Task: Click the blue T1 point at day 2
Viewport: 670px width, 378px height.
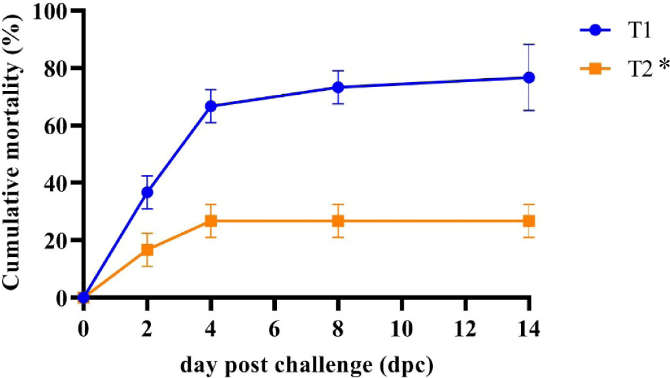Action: (x=147, y=192)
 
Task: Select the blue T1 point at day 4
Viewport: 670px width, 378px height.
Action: (x=210, y=106)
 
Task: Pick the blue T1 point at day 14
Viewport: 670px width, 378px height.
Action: (x=529, y=77)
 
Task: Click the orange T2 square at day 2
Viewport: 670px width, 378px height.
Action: (x=147, y=250)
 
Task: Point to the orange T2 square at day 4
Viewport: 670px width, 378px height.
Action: (x=210, y=221)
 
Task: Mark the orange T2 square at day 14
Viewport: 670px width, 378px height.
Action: (x=529, y=221)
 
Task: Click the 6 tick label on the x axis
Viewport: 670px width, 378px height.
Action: (x=274, y=331)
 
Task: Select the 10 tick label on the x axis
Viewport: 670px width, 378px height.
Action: (x=401, y=331)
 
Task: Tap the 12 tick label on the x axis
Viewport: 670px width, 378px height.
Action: (x=464, y=331)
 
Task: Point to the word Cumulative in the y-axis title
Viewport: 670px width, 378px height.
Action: (x=13, y=235)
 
